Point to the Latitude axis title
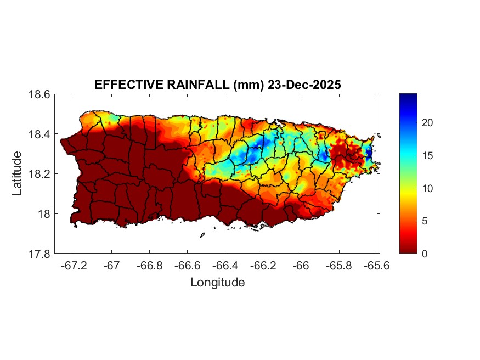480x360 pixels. pyautogui.click(x=17, y=173)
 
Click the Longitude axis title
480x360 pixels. pyautogui.click(x=217, y=283)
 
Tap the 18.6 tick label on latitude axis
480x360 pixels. pyautogui.click(x=39, y=94)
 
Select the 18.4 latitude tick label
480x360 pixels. pyautogui.click(x=39, y=134)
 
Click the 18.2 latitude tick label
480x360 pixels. pyautogui.click(x=39, y=174)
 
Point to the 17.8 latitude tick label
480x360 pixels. pyautogui.click(x=39, y=254)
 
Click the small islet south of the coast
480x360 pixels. pyautogui.click(x=202, y=235)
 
